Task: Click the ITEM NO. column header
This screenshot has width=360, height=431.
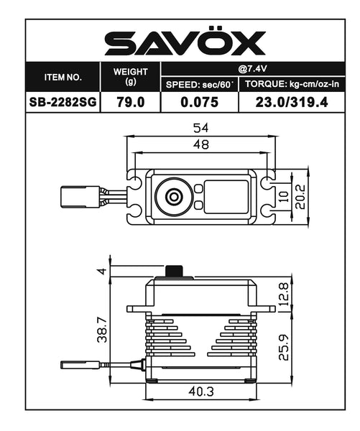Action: click(x=63, y=76)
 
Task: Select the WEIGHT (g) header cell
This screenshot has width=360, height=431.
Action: click(x=130, y=76)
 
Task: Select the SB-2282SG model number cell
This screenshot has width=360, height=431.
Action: click(x=63, y=102)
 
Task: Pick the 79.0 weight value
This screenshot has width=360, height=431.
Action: click(x=130, y=102)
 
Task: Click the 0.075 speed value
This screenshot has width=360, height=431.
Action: click(x=199, y=102)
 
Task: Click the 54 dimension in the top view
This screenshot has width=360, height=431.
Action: click(x=200, y=128)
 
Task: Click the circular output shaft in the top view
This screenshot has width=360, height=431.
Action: click(x=172, y=196)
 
